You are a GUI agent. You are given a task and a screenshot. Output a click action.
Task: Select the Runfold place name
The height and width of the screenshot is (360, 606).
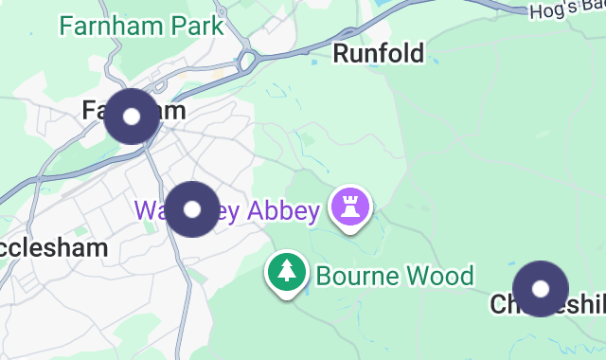coord(378,53)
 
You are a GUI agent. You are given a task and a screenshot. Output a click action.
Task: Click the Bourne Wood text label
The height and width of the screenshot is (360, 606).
coord(394,277)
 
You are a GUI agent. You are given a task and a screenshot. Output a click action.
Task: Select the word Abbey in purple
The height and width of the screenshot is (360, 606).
coord(283,210)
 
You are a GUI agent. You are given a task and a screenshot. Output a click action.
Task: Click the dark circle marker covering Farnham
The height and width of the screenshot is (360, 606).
coord(132,116)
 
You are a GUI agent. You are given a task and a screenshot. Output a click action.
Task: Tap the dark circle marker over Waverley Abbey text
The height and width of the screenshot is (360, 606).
coord(192,208)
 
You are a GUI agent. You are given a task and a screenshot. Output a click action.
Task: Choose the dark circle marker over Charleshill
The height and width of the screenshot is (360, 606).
coord(541,288)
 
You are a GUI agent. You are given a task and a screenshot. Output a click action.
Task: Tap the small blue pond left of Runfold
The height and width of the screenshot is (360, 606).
coord(314,63)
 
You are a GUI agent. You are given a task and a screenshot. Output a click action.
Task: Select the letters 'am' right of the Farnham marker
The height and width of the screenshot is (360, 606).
coord(171,111)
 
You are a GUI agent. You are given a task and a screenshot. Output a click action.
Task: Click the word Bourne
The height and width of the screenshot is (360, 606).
coord(351,277)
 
